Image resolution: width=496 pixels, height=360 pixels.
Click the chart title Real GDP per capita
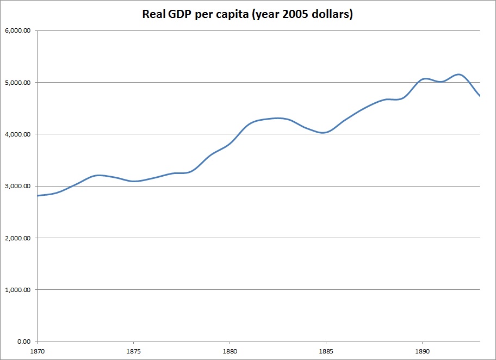[247, 15]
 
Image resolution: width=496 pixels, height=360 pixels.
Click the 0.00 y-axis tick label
[24, 342]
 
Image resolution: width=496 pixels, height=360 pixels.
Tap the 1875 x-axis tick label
[133, 351]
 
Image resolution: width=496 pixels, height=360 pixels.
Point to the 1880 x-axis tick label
[230, 351]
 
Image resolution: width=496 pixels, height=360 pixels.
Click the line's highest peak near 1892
[459, 75]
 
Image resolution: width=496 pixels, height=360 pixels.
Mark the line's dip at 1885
[325, 133]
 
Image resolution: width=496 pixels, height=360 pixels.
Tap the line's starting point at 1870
[38, 196]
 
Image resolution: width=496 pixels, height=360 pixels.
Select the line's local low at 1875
[134, 181]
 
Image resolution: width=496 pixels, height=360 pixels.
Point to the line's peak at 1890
[425, 79]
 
